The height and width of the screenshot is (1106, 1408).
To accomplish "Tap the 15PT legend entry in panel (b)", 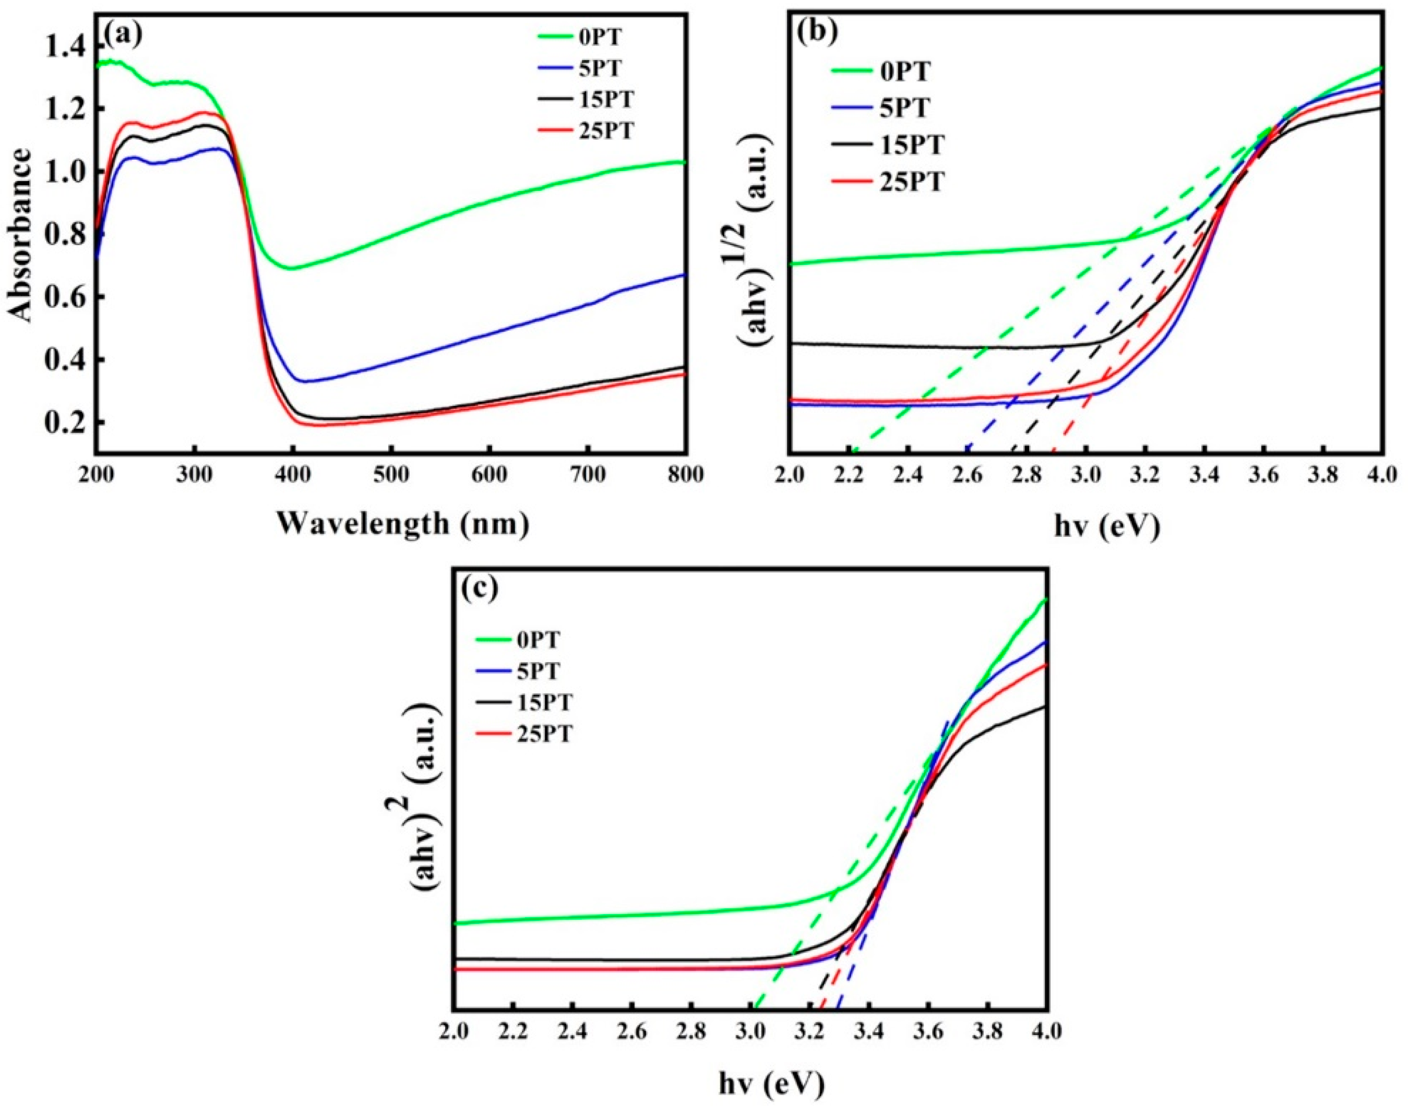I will point(910,145).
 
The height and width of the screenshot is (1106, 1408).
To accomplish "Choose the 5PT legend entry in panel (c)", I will point(538,671).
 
